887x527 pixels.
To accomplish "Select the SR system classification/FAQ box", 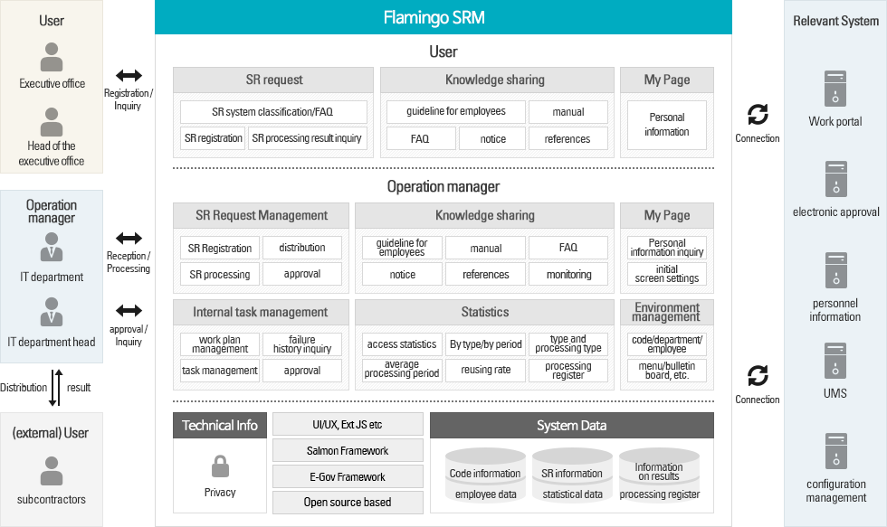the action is click(273, 112).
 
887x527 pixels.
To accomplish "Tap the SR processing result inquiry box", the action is click(307, 138).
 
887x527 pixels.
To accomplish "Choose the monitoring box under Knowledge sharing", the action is click(568, 274).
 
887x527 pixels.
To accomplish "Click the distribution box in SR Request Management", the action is click(302, 248).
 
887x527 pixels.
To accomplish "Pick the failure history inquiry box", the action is click(302, 344).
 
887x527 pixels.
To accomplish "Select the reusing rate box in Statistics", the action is click(485, 370).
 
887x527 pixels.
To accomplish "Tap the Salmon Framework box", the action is click(348, 450).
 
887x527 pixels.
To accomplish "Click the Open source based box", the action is click(348, 503).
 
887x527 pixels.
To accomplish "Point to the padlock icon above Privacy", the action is click(220, 466).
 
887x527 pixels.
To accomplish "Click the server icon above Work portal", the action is click(835, 88).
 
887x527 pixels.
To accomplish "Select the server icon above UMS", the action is click(835, 361).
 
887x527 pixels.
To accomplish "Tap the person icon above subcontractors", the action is click(52, 471).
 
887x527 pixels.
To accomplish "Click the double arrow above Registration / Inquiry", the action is click(129, 75).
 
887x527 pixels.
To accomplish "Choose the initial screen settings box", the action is click(667, 274).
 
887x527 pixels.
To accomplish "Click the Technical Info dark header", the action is click(220, 426).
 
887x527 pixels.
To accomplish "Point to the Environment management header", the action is click(667, 312).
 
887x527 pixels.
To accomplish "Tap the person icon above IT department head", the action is click(52, 312).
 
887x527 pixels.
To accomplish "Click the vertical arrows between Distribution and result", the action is click(55, 388).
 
